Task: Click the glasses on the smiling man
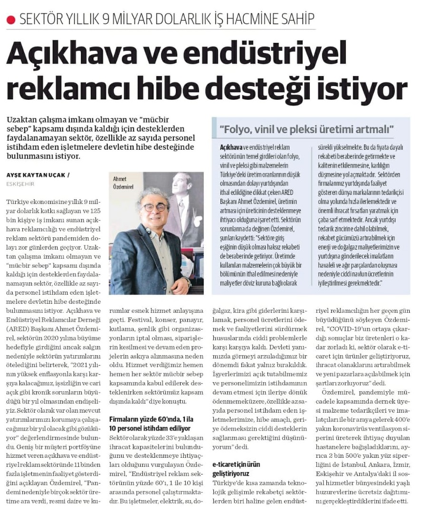[x=155, y=207]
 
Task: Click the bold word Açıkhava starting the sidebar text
[x=231, y=146]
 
